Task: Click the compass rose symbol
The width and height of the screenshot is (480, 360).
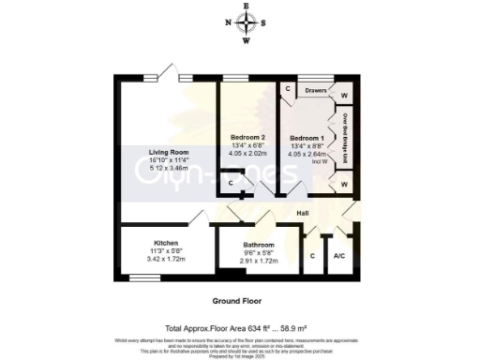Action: [246, 23]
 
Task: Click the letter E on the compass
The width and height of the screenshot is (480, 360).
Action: [246, 7]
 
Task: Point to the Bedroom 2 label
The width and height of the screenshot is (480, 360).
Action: [248, 138]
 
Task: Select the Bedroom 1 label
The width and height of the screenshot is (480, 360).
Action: [308, 138]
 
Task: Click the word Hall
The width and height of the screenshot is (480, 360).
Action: [303, 214]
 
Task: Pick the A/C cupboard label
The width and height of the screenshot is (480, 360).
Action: [339, 254]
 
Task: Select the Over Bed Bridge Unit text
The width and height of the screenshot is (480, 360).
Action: [345, 136]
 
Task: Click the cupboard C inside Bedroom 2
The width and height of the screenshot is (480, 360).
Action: [232, 184]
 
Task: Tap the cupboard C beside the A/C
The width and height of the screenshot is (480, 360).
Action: [311, 254]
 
